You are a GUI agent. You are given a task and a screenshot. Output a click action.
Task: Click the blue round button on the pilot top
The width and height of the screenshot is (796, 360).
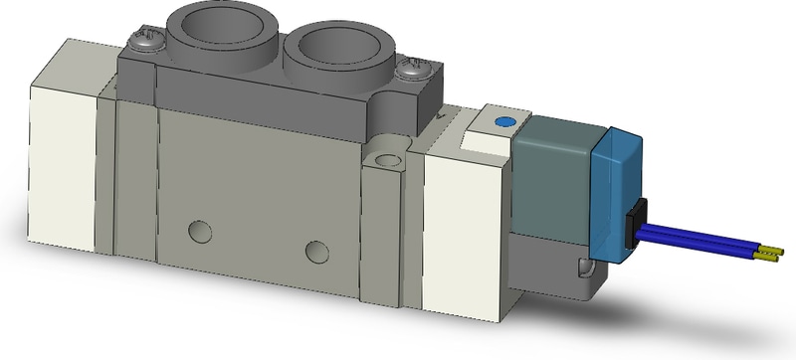pos(501,122)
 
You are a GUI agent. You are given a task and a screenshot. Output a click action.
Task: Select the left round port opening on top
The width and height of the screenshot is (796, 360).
pos(211,21)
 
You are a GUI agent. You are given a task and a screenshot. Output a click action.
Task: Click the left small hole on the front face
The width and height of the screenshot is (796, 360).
pos(201,232)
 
